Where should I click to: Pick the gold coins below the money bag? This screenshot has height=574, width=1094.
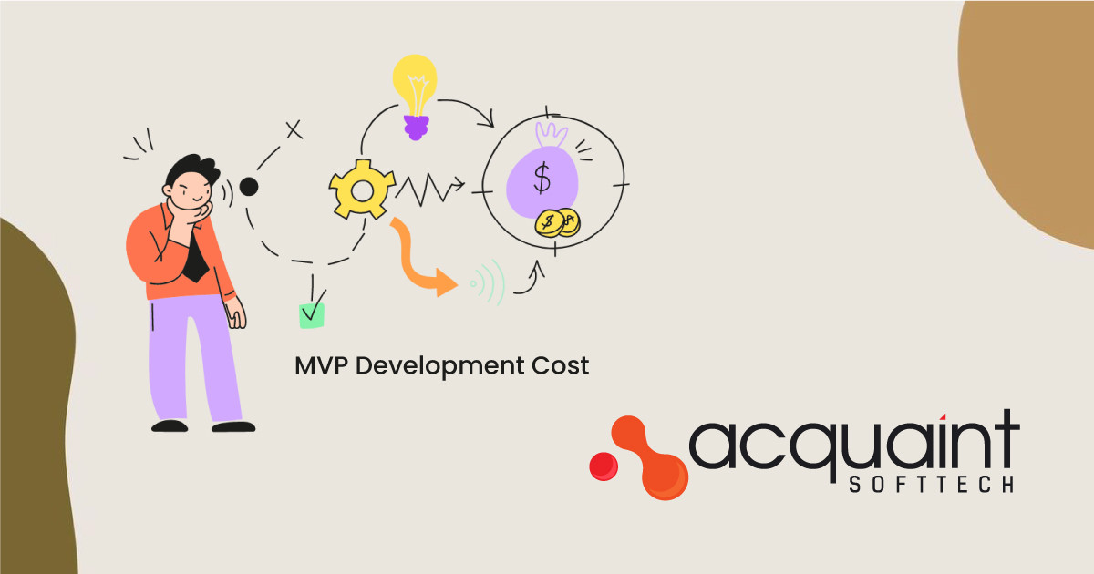[558, 222]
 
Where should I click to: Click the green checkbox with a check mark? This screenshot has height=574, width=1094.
[312, 314]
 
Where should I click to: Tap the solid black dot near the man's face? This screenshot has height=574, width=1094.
[248, 187]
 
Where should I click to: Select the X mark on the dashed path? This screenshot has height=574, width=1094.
[294, 130]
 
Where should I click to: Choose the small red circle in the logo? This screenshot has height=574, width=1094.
[603, 466]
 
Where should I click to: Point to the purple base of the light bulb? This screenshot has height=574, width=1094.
[416, 128]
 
